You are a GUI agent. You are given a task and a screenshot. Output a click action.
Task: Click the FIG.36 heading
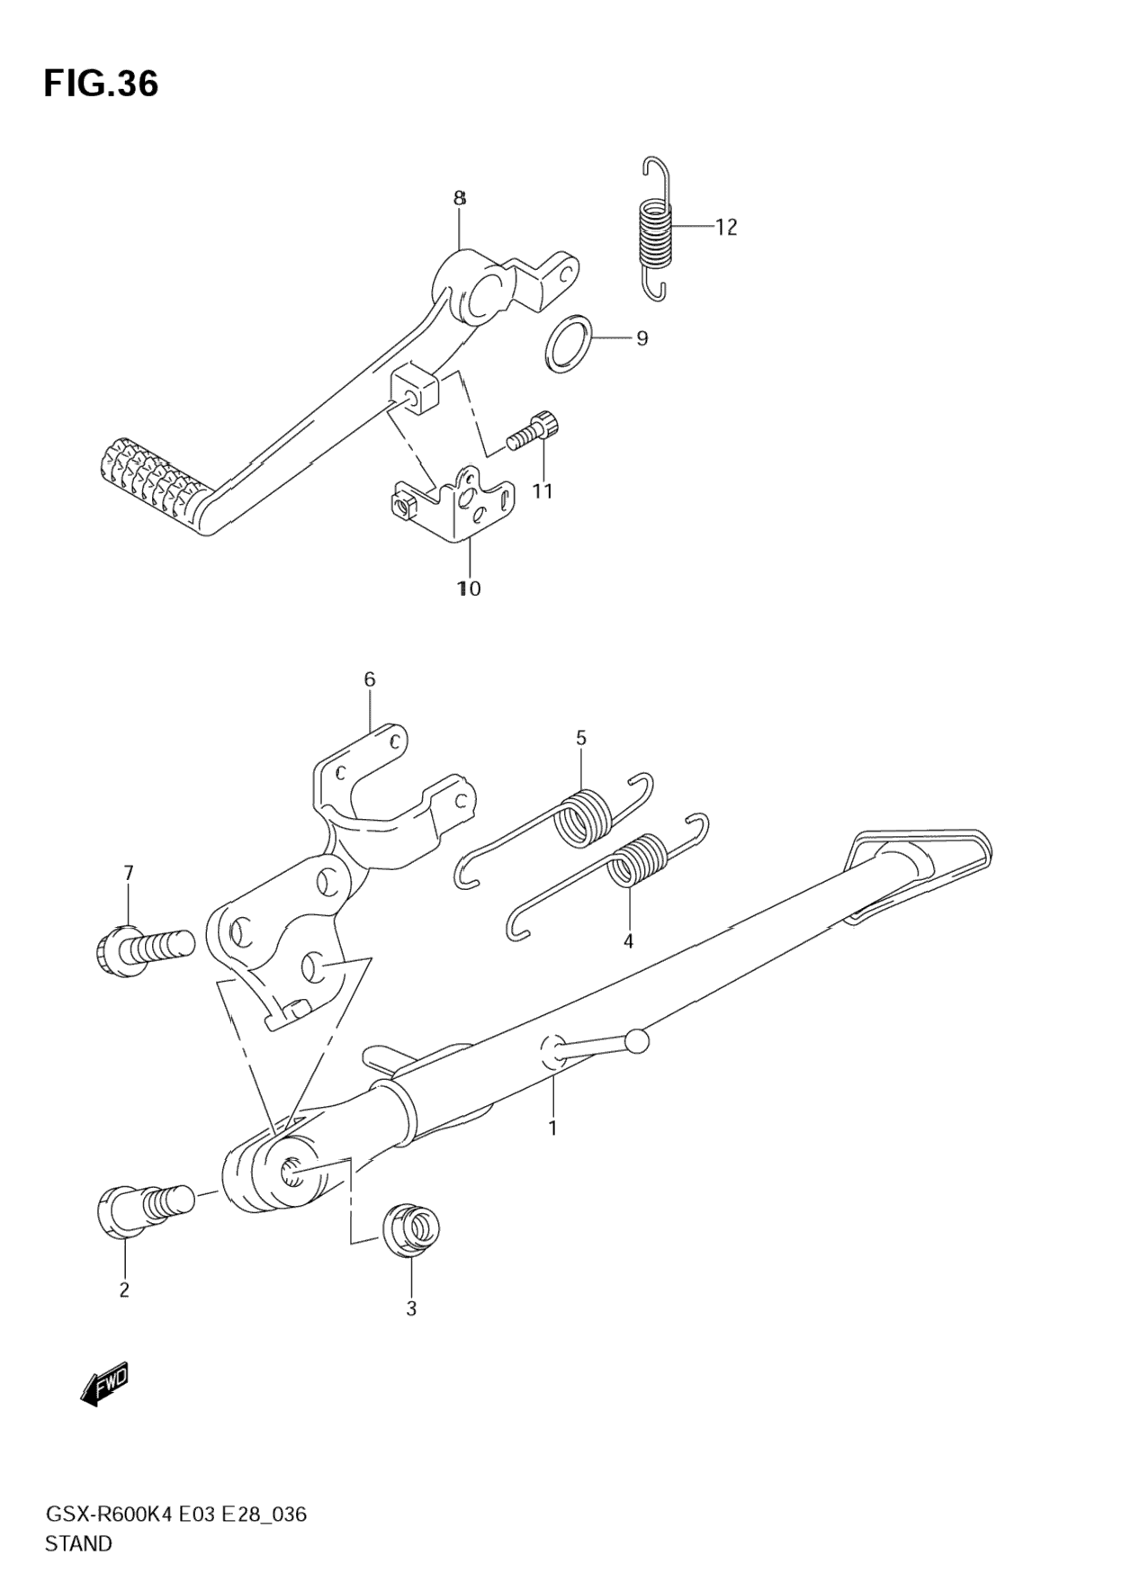tap(101, 84)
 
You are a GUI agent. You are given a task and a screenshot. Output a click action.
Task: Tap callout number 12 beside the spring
tap(726, 228)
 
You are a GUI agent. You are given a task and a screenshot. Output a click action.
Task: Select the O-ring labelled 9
tap(569, 343)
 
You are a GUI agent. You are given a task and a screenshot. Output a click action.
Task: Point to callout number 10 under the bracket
tap(469, 589)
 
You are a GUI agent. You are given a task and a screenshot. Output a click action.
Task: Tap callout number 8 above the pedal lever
tap(459, 198)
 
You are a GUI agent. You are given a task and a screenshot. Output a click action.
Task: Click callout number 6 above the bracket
tap(370, 679)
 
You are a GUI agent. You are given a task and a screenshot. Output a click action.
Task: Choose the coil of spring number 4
tap(638, 862)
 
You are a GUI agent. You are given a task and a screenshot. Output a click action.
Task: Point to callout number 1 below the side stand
tap(552, 1128)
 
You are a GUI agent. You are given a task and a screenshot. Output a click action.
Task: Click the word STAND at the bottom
tap(78, 1543)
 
